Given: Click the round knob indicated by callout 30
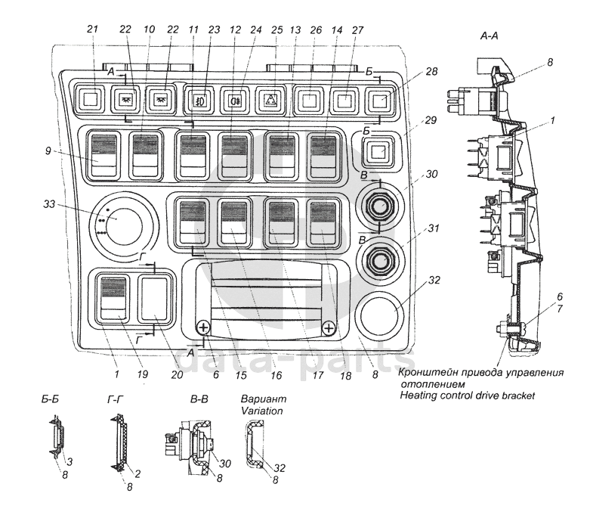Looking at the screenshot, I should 377,204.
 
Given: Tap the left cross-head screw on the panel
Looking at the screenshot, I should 202,327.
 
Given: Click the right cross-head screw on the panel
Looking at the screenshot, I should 328,327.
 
